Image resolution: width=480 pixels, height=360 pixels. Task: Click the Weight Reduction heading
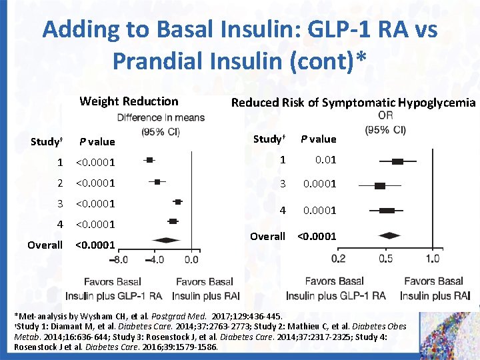tap(129, 101)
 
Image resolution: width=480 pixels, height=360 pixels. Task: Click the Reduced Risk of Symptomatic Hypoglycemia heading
tap(353, 102)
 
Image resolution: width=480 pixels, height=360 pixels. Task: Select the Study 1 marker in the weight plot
tap(149, 160)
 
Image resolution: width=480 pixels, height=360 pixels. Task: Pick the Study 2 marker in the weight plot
tap(157, 181)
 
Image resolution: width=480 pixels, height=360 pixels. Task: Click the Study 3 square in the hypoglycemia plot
tap(380, 186)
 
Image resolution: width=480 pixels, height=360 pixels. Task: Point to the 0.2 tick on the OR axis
tap(339, 259)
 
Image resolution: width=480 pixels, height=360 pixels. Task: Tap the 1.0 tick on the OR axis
tap(432, 259)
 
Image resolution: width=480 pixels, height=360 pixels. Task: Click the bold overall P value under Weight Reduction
tap(95, 245)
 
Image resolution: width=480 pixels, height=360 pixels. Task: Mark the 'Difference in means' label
tap(161, 118)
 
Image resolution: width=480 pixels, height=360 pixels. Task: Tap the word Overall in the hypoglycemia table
tap(267, 236)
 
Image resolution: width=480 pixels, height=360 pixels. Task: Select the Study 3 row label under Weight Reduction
tap(60, 203)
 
